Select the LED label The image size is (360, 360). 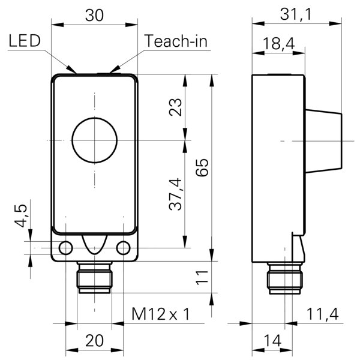tap(25, 41)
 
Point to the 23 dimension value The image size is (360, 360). tap(175, 107)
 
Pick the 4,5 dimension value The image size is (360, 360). tap(20, 215)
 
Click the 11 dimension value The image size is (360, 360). tap(202, 277)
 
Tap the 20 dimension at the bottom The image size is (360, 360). tap(94, 341)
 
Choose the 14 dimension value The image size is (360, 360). tap(272, 341)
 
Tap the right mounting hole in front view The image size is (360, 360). tap(123, 248)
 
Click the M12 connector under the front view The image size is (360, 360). tap(94, 278)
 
